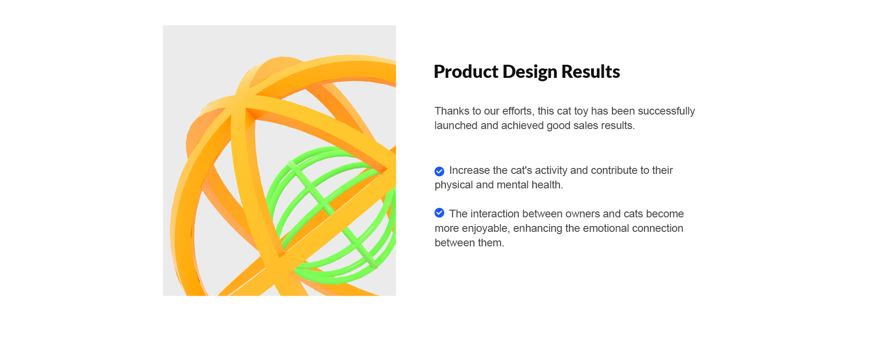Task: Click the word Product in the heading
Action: [466, 72]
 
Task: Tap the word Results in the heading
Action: [591, 72]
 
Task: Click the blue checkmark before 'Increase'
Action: [439, 171]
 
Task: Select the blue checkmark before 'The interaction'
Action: [439, 213]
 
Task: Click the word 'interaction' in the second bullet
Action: [495, 214]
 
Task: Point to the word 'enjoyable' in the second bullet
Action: [485, 229]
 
